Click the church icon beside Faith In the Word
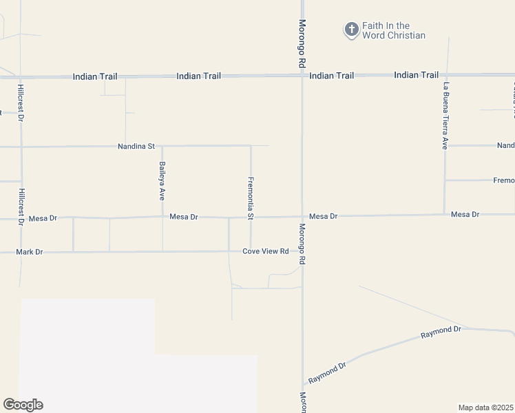click(351, 30)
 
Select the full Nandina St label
click(137, 147)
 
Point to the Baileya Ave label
click(162, 179)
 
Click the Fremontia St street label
click(251, 198)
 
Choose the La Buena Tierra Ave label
click(446, 116)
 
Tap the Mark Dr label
click(30, 252)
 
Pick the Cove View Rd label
click(265, 251)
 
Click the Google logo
click(23, 405)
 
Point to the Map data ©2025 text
click(486, 407)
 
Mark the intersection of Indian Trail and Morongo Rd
click(302, 75)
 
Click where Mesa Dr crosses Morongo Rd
click(302, 216)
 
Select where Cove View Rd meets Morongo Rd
click(302, 251)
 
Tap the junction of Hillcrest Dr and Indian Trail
click(20, 76)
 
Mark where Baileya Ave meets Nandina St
click(162, 146)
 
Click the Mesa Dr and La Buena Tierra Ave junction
click(445, 214)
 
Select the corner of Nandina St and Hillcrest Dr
click(21, 147)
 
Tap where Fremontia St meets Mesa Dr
click(251, 217)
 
